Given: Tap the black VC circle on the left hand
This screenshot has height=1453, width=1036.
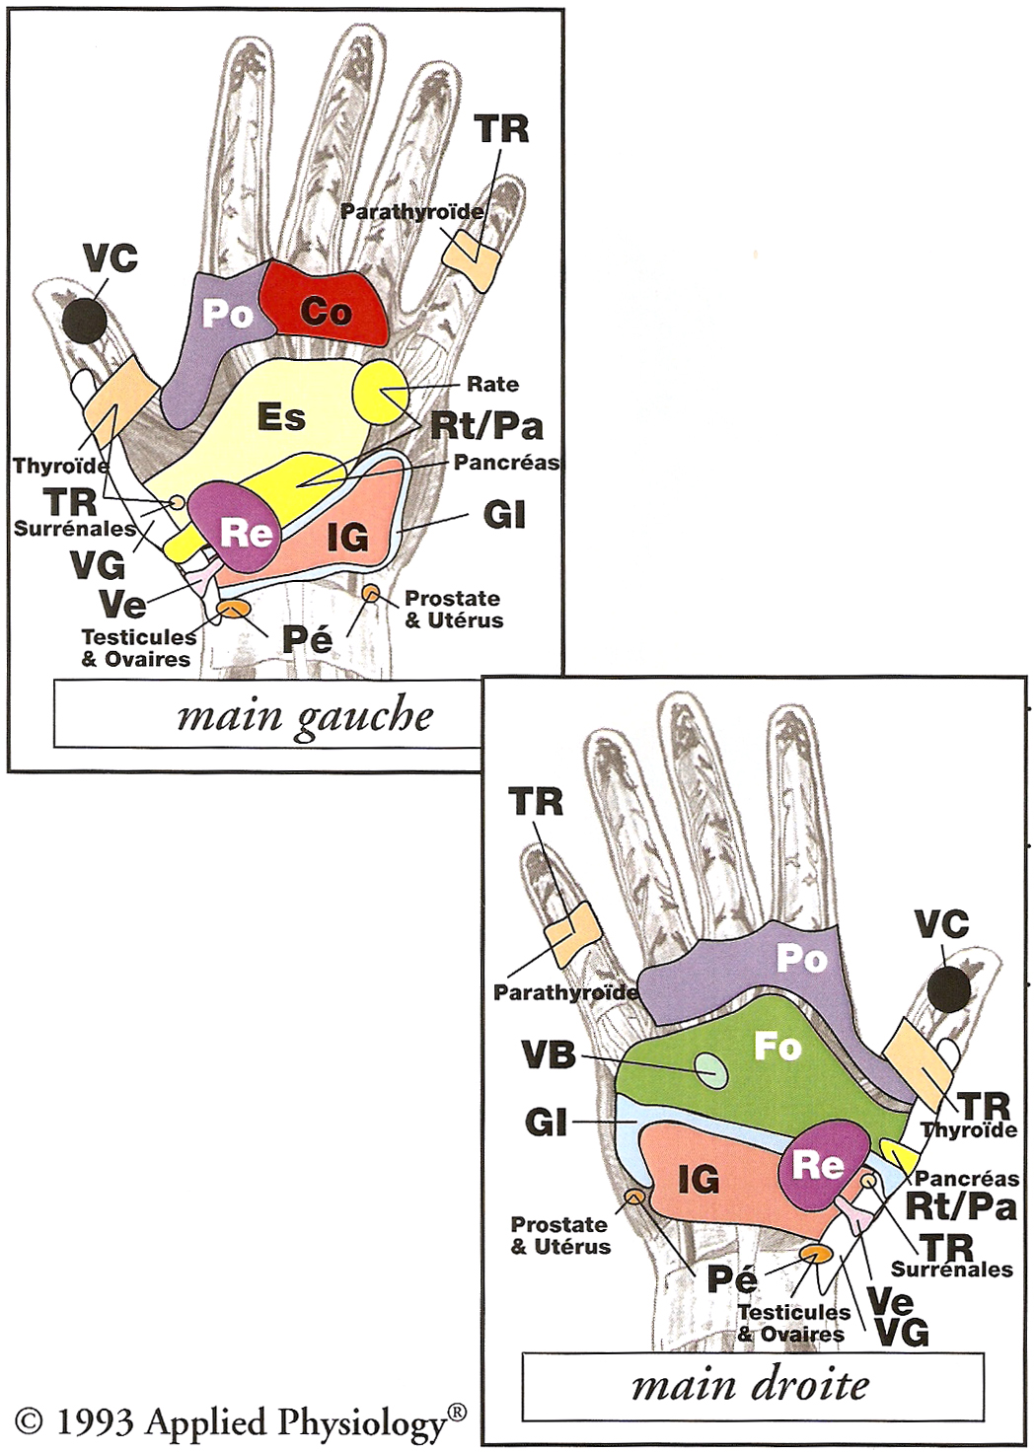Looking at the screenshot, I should (x=84, y=320).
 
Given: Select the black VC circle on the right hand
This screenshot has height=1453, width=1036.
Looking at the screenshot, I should (x=949, y=989).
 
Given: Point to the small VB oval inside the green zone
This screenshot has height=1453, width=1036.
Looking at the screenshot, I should (x=710, y=1069).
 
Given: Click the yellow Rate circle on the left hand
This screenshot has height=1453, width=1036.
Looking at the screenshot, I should (x=380, y=391).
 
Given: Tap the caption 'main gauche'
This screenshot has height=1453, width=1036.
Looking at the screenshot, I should (x=305, y=715).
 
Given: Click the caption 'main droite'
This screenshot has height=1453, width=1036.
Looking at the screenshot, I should (x=751, y=1385).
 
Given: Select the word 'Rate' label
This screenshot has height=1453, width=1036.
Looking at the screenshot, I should (x=492, y=384).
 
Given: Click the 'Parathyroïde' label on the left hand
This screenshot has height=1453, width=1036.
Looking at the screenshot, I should (x=412, y=211).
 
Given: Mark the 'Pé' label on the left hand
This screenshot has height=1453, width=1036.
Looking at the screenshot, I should (x=307, y=638).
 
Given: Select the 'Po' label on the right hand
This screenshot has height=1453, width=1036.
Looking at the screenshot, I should (x=800, y=958).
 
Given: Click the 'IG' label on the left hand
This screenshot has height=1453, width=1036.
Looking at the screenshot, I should (x=347, y=537).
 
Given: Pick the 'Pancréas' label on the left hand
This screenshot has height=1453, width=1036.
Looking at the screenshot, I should (x=506, y=462).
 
